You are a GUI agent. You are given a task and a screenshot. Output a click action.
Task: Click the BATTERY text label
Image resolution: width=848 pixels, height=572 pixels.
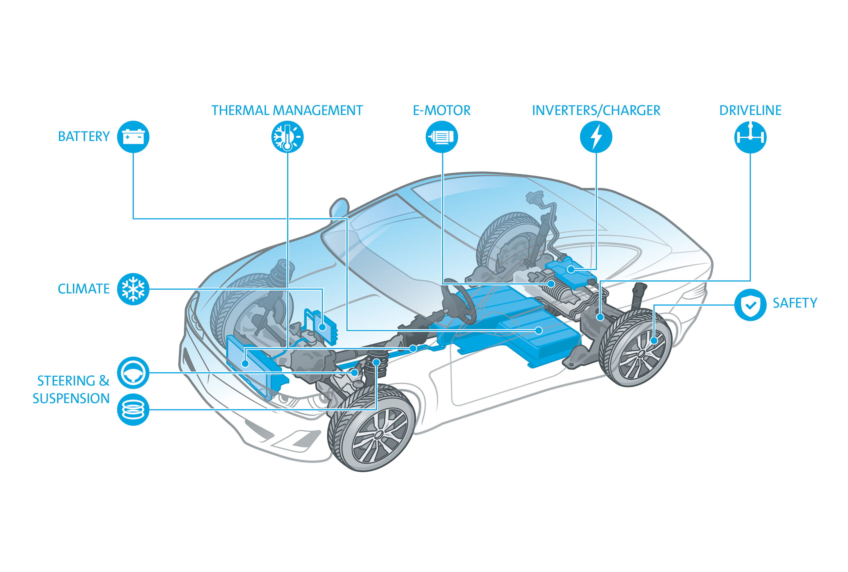point(83,136)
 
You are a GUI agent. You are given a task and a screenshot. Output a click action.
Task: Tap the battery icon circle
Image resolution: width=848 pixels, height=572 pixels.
point(133,137)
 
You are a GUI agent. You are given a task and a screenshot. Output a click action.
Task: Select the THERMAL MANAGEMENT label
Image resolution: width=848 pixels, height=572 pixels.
point(287,110)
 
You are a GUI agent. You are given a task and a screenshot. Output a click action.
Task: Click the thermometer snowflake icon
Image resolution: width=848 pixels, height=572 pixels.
point(288,137)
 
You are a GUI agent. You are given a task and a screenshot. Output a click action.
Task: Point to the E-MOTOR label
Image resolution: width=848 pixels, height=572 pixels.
point(442,110)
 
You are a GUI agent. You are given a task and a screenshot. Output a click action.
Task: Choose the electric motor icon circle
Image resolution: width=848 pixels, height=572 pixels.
point(442,137)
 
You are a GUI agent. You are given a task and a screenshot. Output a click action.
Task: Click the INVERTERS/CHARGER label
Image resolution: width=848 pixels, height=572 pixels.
point(596,110)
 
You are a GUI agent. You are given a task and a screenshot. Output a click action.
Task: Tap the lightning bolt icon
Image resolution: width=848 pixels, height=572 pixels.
point(596,137)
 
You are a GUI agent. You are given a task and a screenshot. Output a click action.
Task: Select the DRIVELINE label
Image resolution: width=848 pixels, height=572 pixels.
point(750,110)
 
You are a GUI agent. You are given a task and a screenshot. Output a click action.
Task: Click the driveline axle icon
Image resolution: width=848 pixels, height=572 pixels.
point(750,137)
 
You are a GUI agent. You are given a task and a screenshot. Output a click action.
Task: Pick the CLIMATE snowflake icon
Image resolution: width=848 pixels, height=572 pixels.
point(133,289)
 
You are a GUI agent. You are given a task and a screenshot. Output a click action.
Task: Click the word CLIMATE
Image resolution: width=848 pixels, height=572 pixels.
point(83,289)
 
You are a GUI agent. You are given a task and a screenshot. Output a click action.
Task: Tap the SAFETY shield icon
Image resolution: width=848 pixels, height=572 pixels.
point(750,304)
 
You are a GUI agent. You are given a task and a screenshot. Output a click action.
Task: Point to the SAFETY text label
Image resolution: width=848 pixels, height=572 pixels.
point(795,303)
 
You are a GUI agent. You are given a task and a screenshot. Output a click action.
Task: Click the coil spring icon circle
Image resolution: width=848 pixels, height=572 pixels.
point(133,410)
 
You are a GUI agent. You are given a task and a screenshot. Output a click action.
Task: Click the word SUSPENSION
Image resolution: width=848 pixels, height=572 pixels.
point(71,398)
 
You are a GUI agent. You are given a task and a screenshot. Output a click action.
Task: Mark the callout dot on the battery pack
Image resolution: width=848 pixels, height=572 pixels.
point(539,331)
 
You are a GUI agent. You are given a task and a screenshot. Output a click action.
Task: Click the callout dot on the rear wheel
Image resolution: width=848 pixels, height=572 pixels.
point(654,341)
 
